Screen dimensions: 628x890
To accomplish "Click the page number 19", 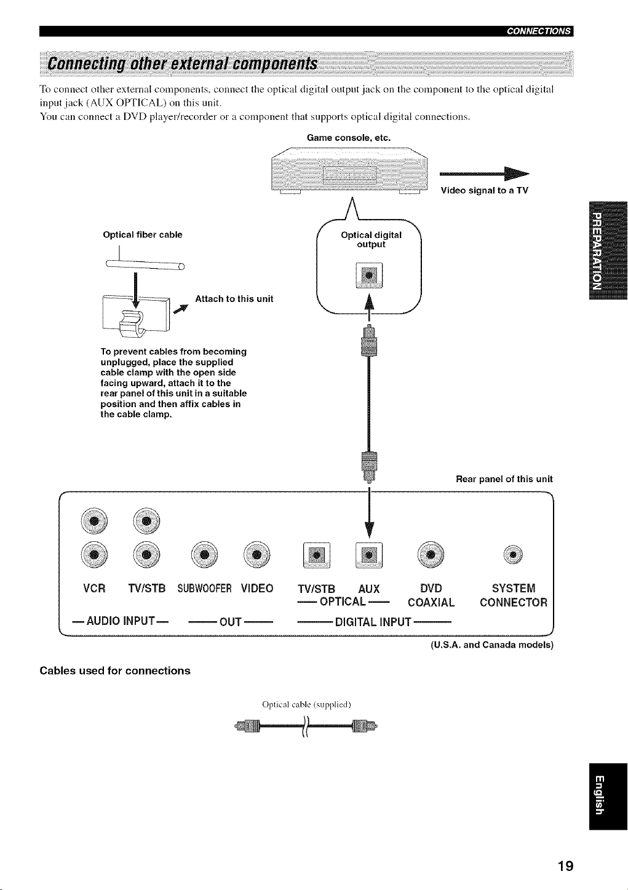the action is tap(565, 865).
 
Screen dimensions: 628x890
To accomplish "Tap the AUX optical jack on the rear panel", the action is tap(369, 555).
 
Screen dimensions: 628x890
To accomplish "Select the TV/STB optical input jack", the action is tap(317, 555).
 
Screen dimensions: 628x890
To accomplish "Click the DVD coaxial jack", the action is tap(431, 554).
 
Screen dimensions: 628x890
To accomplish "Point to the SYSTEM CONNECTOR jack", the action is tap(513, 554).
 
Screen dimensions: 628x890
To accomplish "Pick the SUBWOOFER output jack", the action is tap(204, 554).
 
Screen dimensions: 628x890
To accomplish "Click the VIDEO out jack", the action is tap(257, 554).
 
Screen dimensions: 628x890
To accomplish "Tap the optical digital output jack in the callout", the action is tap(369, 275).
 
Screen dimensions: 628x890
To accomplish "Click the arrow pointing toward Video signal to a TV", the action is tap(485, 173).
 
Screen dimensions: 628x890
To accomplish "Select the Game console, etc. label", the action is tap(349, 138).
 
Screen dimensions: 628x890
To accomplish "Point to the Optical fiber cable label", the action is tap(143, 235).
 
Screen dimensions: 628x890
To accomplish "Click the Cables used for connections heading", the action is tap(115, 670).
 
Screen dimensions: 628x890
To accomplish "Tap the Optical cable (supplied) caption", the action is tap(307, 705).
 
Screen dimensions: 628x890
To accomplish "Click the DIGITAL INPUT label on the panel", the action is tap(373, 621).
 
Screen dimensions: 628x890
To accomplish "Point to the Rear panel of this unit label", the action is tap(504, 479).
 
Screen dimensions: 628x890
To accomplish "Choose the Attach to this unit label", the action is tap(234, 299).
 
